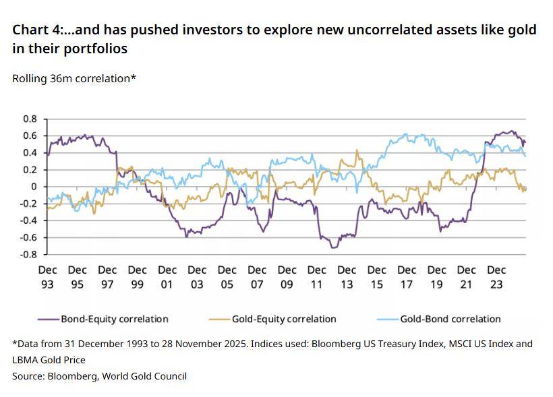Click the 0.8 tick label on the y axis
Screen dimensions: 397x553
pyautogui.click(x=30, y=119)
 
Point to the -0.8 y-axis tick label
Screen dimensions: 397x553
pyautogui.click(x=28, y=255)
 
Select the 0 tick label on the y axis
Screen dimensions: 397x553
pyautogui.click(x=34, y=187)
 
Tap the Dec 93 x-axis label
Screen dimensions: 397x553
pyautogui.click(x=47, y=276)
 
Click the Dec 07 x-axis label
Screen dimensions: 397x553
pyautogui.click(x=257, y=276)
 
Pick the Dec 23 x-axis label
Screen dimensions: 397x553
pyautogui.click(x=496, y=276)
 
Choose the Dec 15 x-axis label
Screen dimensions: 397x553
pyautogui.click(x=376, y=276)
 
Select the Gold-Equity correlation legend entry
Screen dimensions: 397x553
pyautogui.click(x=284, y=319)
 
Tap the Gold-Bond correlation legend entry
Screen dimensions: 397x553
pyautogui.click(x=450, y=319)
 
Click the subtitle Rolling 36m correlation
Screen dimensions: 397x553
pyautogui.click(x=74, y=78)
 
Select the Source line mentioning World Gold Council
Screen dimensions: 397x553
pyautogui.click(x=99, y=376)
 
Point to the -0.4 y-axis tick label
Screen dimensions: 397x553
pyautogui.click(x=28, y=220)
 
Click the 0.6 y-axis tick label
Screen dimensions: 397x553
pyautogui.click(x=30, y=135)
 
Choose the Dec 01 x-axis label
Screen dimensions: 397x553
pyautogui.click(x=167, y=276)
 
